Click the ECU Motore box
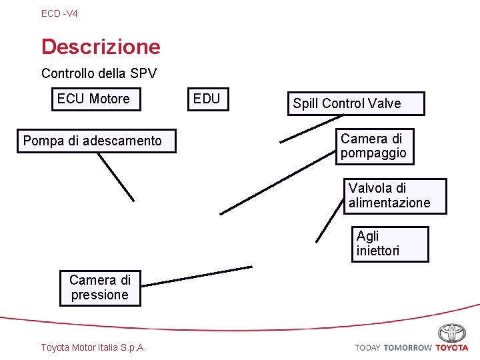point(93,99)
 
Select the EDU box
point(207,99)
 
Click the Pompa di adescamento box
point(96,141)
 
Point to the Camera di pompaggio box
point(374,146)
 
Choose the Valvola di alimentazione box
point(395,196)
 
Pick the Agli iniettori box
point(390,243)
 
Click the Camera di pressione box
point(100,287)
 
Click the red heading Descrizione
point(101,47)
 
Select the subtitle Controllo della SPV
point(99,73)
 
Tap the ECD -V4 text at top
point(59,13)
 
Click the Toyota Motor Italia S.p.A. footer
point(94,347)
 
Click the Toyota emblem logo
point(452,333)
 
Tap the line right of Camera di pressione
point(198,276)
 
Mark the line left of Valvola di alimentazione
point(329,219)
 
